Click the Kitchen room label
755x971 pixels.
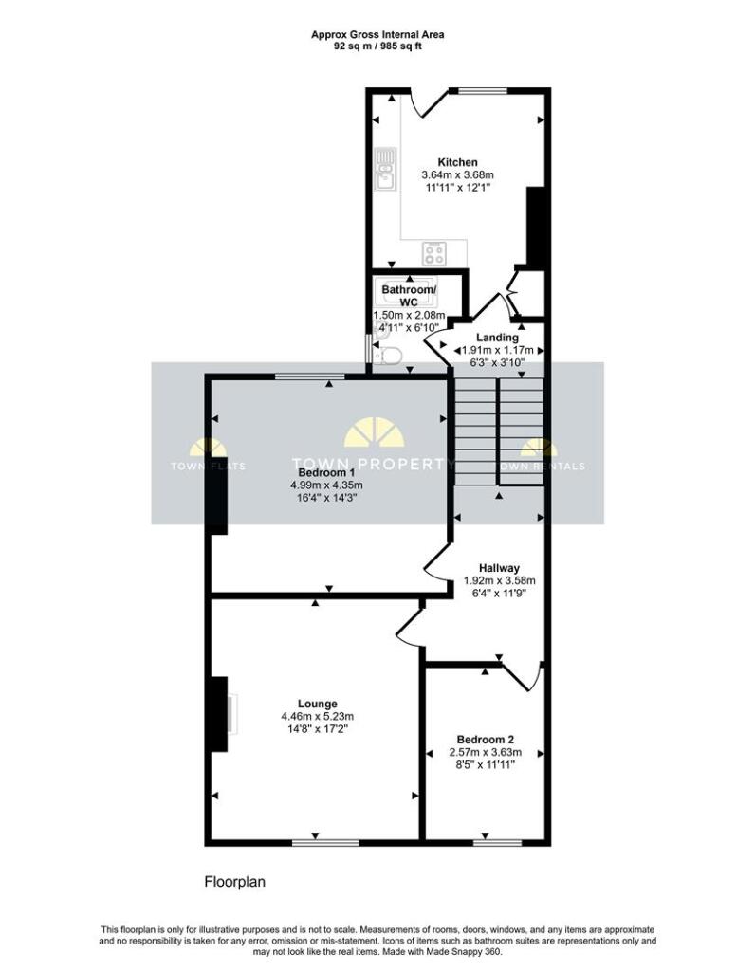point(458,162)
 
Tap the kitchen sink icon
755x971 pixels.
point(385,169)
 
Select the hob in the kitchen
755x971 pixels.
point(435,252)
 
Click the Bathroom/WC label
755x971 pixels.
point(409,296)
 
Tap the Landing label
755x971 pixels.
point(497,338)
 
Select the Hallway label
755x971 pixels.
point(499,568)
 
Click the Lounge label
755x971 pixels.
point(317,704)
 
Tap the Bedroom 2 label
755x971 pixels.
point(485,740)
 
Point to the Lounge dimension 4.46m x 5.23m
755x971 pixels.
point(317,717)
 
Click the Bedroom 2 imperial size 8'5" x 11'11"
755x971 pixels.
point(485,765)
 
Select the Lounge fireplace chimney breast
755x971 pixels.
point(219,714)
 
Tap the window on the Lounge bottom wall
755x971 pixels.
point(325,842)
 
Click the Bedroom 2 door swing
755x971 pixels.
point(525,677)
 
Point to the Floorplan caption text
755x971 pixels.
point(234,881)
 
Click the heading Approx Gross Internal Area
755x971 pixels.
point(377,35)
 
